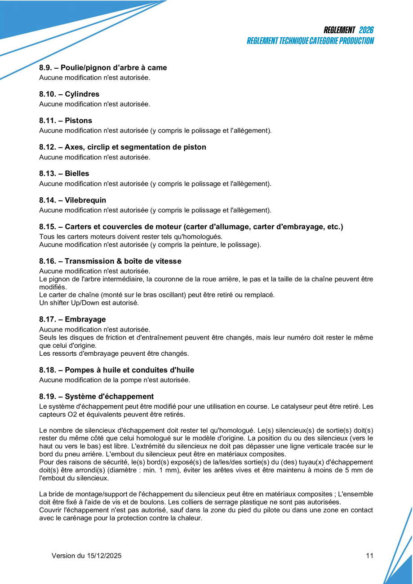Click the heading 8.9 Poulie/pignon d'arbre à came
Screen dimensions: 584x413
click(103, 68)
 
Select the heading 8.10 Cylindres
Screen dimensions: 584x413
click(69, 94)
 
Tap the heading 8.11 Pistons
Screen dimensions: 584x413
click(66, 121)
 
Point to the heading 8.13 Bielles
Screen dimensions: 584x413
click(64, 173)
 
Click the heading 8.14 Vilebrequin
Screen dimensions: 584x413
click(73, 200)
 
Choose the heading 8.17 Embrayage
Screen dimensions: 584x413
click(72, 319)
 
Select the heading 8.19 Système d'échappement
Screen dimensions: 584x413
click(96, 397)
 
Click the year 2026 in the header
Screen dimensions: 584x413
click(366, 30)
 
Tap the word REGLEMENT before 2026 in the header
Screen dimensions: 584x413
click(339, 30)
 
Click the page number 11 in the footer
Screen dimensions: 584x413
click(369, 556)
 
